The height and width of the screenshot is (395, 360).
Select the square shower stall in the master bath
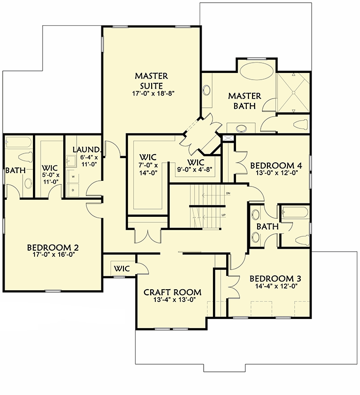pos(294,93)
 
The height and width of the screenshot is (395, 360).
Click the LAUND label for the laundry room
pos(82,149)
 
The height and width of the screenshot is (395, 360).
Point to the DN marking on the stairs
pos(228,193)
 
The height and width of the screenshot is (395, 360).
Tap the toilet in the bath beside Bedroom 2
pos(24,157)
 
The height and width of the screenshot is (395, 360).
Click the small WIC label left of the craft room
pos(121,268)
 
